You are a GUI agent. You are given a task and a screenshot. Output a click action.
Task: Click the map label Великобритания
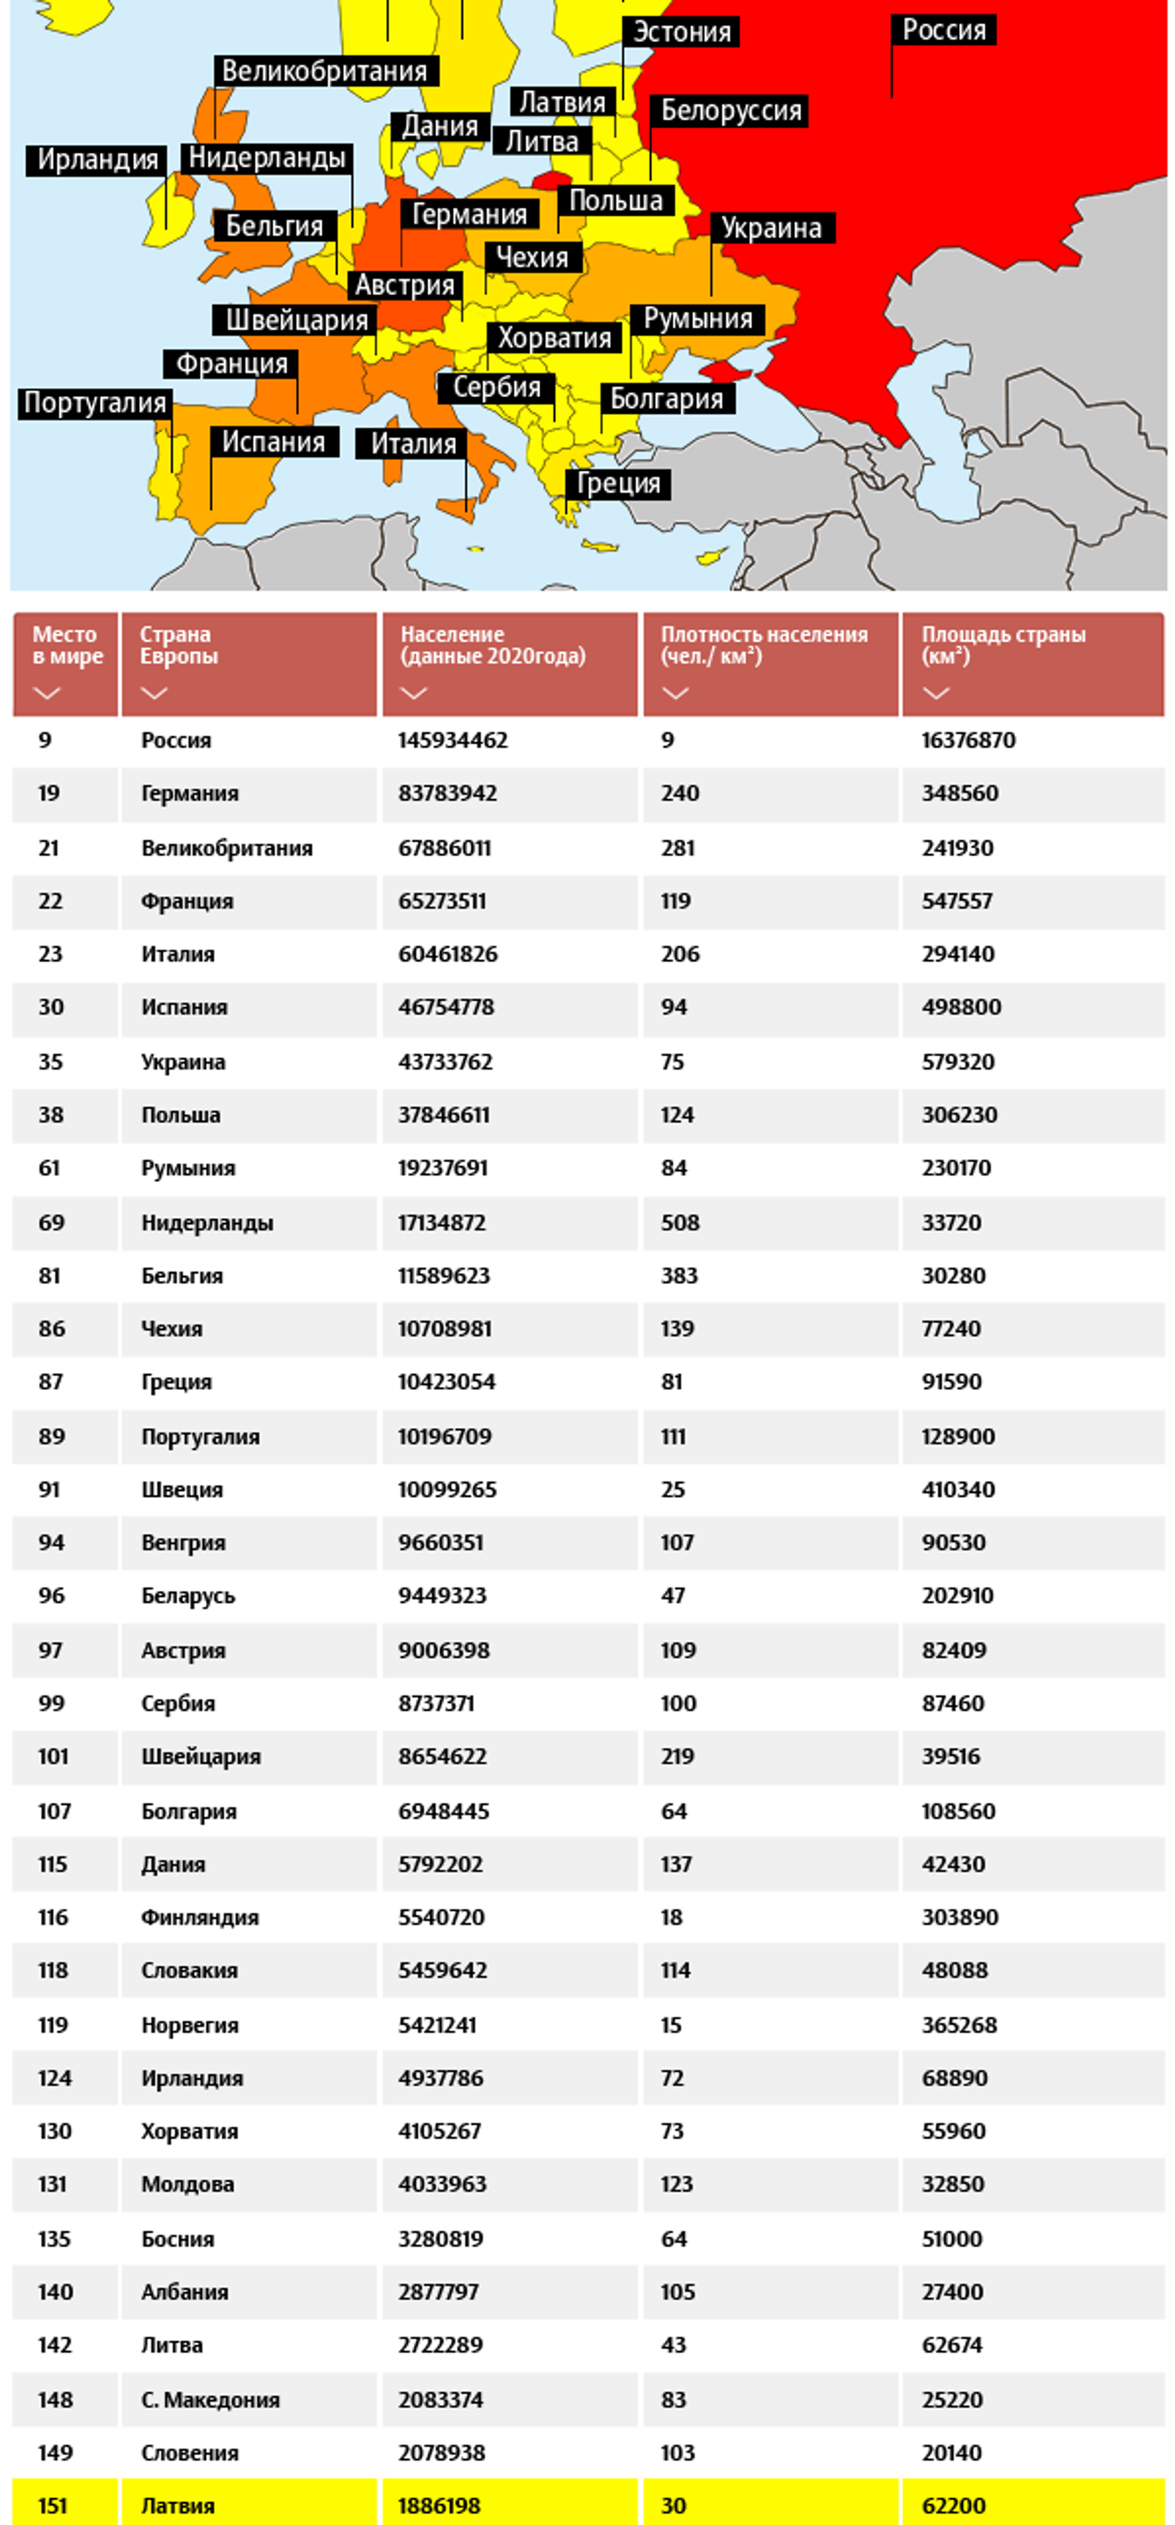point(324,72)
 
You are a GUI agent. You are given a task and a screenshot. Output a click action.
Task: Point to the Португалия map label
point(95,403)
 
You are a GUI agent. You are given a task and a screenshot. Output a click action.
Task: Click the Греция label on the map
point(617,483)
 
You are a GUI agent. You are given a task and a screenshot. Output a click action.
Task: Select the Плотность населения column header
point(764,645)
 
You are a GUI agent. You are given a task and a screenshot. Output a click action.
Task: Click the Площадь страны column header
point(1004,645)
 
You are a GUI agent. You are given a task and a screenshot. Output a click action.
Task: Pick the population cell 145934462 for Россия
point(453,740)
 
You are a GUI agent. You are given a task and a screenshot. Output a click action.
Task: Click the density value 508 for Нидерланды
point(680,1222)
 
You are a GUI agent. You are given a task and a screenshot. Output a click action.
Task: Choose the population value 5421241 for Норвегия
point(437,2024)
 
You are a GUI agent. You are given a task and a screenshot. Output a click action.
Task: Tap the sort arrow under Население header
point(414,693)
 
